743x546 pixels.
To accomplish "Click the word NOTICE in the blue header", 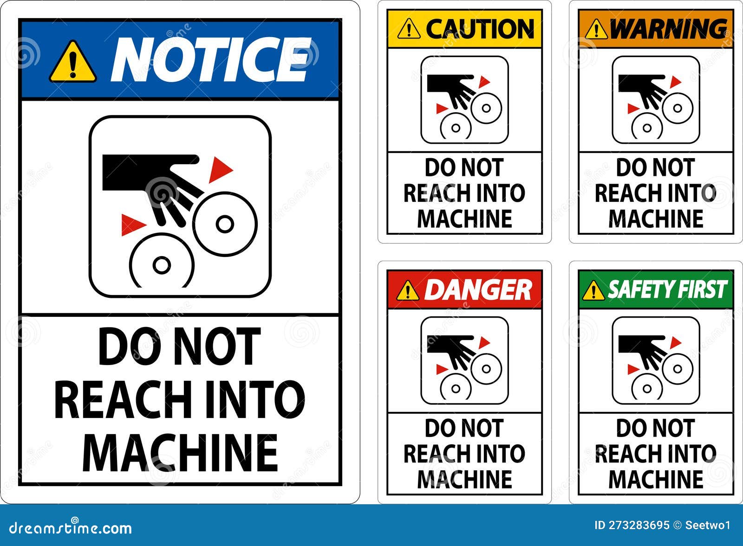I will (211, 60).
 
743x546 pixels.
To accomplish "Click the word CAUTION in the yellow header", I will (480, 29).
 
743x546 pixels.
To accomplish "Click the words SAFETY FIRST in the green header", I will (667, 289).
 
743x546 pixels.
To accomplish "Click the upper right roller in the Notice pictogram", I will (225, 224).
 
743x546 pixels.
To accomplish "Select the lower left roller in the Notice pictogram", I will (161, 265).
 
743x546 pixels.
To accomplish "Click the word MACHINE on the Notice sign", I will (180, 453).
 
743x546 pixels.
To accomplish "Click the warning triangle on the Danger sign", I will (408, 291).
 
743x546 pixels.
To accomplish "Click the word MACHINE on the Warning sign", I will (656, 218).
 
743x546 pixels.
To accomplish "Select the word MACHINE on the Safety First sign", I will (656, 479).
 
